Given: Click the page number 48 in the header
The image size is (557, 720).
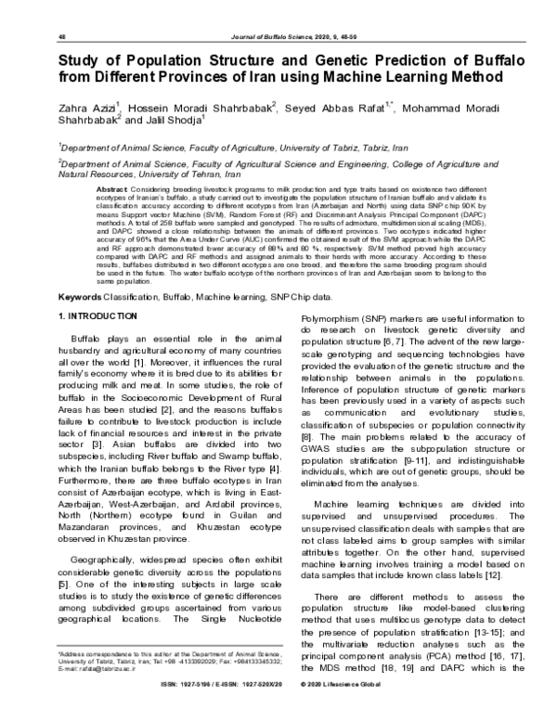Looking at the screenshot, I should coord(61,36).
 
